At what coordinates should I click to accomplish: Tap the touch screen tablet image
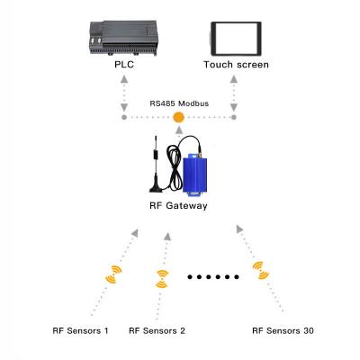(236, 38)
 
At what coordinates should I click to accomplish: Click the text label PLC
(124, 65)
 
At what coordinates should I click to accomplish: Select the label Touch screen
(236, 65)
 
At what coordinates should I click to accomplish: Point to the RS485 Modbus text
(178, 103)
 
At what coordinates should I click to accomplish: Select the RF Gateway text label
(178, 206)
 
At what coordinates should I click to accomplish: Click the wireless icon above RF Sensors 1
(115, 274)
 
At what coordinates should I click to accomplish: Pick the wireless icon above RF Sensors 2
(162, 278)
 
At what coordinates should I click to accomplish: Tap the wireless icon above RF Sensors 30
(260, 270)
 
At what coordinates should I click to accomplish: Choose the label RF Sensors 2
(157, 331)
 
